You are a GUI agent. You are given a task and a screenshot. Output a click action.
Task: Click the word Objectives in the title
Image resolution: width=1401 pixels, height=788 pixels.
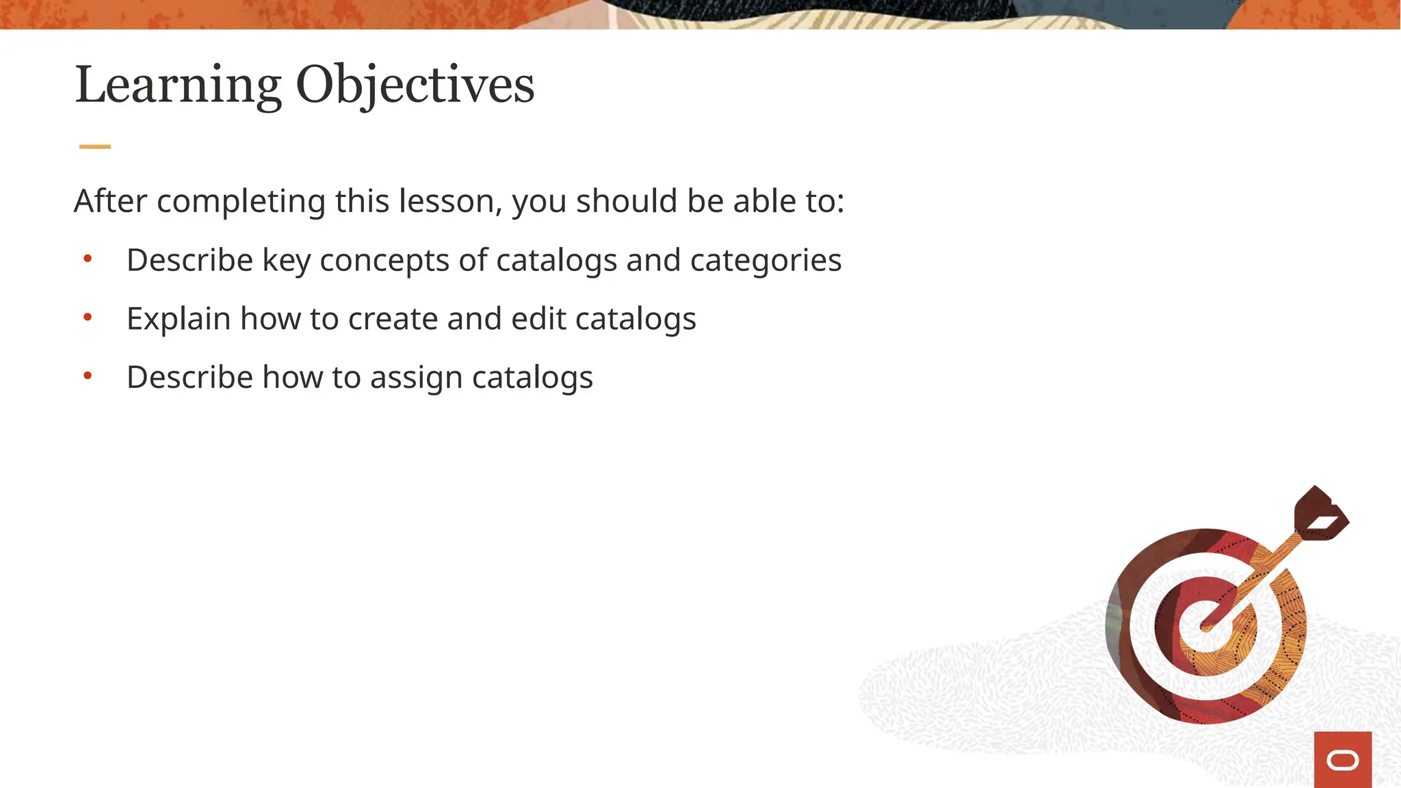[415, 85]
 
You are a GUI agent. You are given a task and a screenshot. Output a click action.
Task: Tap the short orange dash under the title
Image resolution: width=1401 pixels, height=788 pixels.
[95, 146]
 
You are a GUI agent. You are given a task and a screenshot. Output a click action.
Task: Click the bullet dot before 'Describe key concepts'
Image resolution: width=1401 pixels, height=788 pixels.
[88, 259]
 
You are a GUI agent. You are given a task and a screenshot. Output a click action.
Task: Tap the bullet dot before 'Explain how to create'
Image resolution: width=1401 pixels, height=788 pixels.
[88, 317]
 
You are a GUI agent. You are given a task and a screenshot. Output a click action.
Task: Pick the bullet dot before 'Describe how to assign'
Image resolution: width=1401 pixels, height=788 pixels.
[88, 376]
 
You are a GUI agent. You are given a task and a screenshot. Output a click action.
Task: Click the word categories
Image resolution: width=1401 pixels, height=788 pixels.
[765, 261]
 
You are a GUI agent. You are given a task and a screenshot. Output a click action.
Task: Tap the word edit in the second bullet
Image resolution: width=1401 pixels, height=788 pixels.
[538, 319]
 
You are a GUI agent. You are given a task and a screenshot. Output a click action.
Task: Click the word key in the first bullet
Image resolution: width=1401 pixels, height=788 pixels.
[287, 261]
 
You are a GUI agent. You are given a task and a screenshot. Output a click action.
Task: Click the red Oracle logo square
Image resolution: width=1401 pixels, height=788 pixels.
[1342, 759]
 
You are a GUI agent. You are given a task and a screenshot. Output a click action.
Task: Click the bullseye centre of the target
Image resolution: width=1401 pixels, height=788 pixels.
[1208, 624]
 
